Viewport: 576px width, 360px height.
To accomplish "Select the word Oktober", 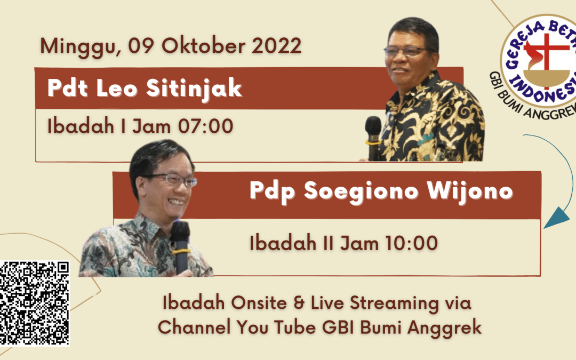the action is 204,45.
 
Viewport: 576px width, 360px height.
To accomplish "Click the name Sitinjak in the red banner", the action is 194,89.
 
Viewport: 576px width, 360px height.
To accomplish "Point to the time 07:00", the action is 205,126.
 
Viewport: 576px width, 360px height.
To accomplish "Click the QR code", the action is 34,303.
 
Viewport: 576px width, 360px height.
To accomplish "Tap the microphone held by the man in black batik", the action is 373,138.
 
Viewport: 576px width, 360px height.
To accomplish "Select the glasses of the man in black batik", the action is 410,51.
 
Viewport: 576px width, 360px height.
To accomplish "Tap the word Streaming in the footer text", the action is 394,304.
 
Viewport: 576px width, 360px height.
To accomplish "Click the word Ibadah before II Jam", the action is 283,243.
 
